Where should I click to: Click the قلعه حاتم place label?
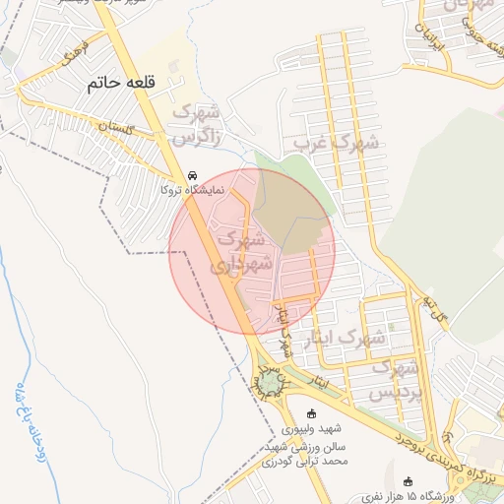click(x=122, y=83)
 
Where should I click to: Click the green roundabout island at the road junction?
click(x=269, y=380)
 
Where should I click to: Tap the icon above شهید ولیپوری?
click(x=314, y=413)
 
